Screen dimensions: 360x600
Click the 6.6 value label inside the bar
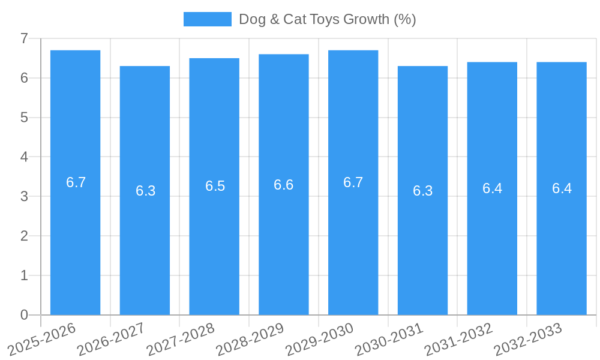(283, 185)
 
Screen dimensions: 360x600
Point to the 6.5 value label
(215, 186)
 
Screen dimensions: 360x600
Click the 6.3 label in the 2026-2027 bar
(145, 191)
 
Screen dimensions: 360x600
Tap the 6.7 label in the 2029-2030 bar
(353, 182)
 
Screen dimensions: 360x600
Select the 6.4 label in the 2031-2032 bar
(492, 188)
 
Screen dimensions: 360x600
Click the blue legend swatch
(207, 19)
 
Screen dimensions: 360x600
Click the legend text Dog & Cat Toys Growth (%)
(327, 19)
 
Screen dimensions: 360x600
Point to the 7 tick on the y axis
(24, 38)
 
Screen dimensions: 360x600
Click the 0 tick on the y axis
(24, 315)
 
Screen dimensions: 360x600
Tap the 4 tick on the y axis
(24, 157)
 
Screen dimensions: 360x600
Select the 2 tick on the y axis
(24, 236)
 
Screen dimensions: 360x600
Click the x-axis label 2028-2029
(250, 339)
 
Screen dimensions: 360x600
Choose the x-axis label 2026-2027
(112, 339)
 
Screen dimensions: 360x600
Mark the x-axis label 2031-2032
(459, 339)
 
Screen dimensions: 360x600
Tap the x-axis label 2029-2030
(320, 339)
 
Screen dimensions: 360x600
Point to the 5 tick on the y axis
(24, 118)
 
